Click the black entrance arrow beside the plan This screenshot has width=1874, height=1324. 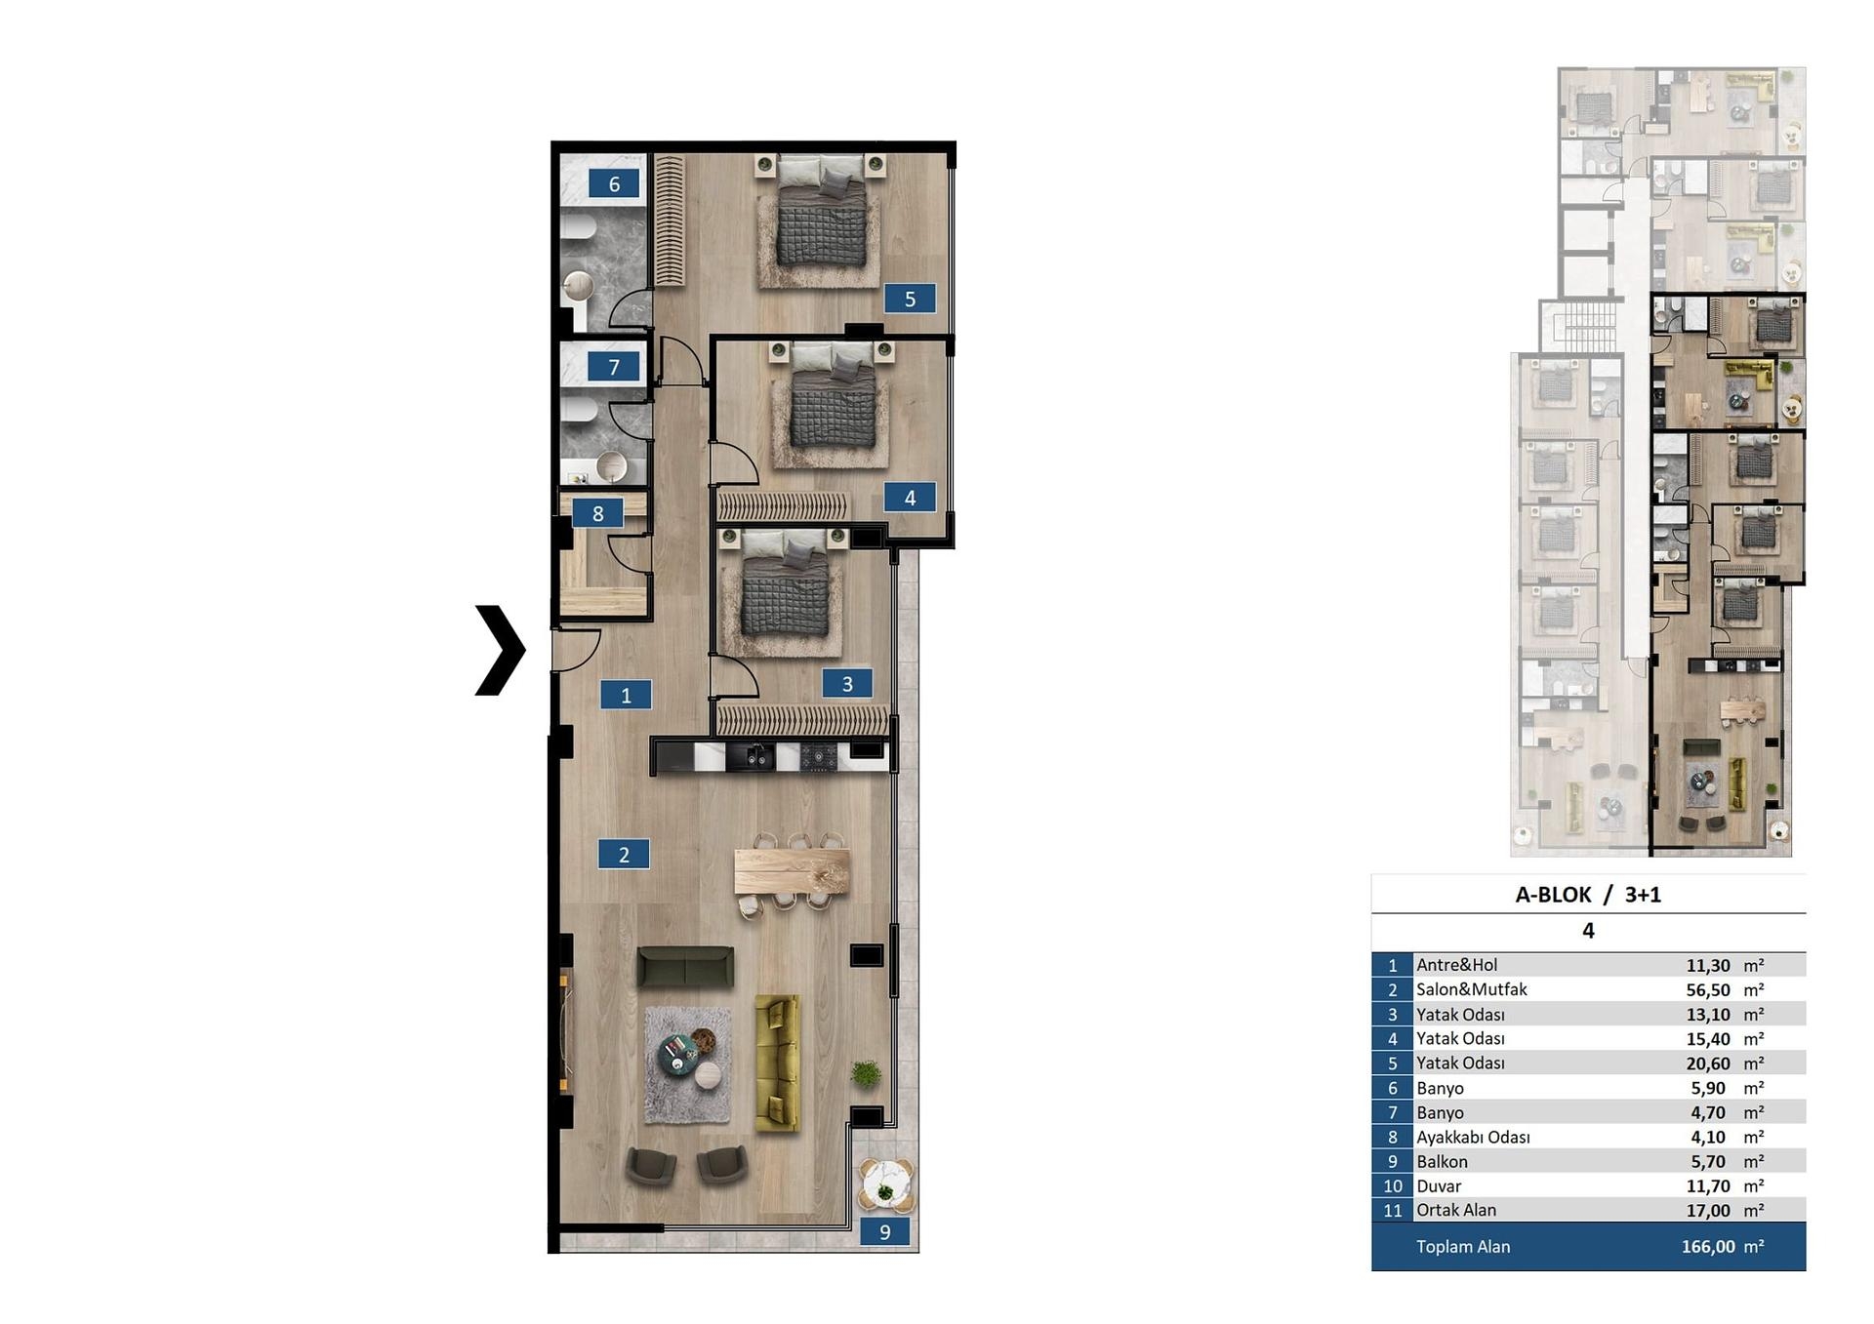[x=501, y=651]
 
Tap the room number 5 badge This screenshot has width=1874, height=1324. [x=910, y=299]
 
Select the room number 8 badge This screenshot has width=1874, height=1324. [x=597, y=513]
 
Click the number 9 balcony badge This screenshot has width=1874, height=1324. [x=885, y=1231]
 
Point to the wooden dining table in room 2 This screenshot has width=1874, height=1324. [x=792, y=871]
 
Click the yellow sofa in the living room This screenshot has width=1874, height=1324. [x=778, y=1063]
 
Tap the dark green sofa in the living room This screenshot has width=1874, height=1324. [x=685, y=967]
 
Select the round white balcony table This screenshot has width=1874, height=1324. [x=885, y=1185]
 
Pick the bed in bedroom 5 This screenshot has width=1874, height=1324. [x=821, y=212]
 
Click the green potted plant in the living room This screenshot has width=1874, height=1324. [x=865, y=1073]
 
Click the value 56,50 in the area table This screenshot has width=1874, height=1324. [x=1708, y=989]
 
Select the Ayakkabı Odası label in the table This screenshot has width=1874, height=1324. [x=1473, y=1137]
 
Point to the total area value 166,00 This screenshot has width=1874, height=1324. [x=1708, y=1246]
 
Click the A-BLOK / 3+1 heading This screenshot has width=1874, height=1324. [x=1588, y=895]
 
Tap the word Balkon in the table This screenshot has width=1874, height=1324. [x=1442, y=1161]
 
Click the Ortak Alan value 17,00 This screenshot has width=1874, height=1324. [x=1708, y=1210]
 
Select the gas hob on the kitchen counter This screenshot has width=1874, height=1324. [x=819, y=756]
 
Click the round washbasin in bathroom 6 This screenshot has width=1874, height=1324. [x=578, y=286]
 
